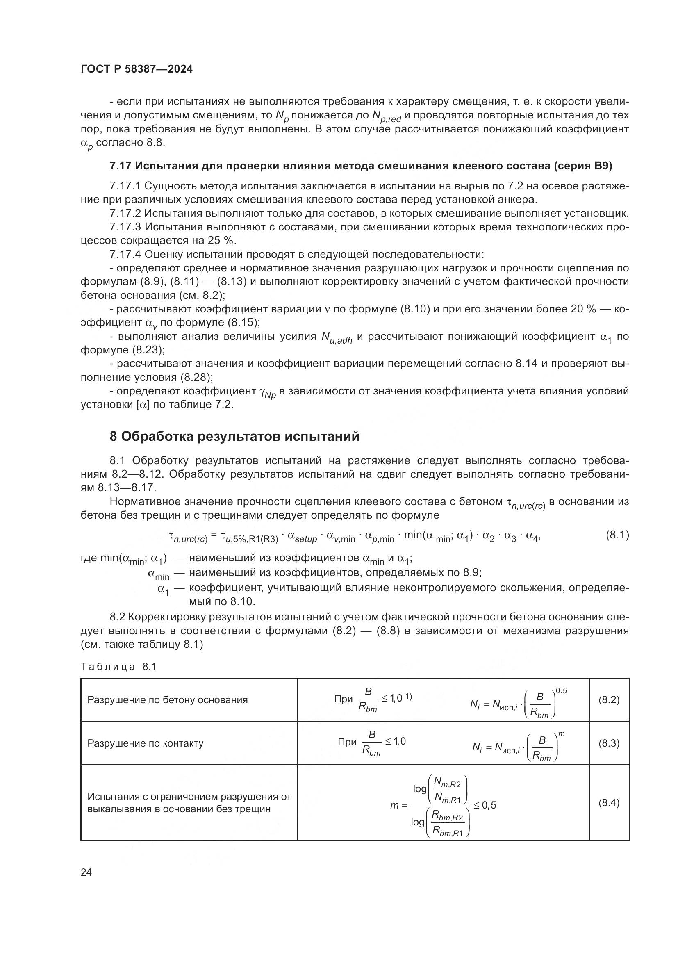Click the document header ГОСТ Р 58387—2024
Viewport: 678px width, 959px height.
point(137,69)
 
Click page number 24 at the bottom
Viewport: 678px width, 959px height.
point(86,872)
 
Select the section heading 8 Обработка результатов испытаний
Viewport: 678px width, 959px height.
point(234,437)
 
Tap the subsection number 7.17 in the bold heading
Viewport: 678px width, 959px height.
point(120,166)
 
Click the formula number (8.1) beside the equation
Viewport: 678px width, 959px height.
point(617,535)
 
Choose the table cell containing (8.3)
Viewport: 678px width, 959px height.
point(609,743)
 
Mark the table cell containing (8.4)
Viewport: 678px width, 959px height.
point(609,802)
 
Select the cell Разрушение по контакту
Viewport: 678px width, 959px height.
point(145,743)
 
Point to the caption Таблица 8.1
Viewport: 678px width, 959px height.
point(118,667)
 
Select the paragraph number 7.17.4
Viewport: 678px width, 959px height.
point(125,254)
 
